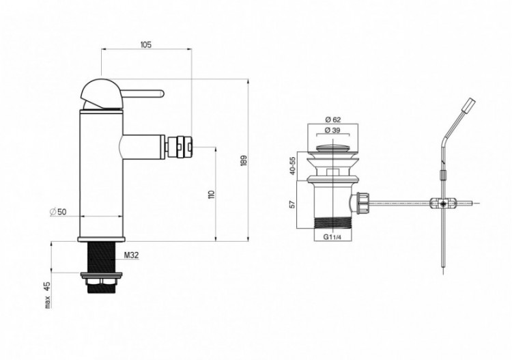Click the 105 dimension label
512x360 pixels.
(x=146, y=44)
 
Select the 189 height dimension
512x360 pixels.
(x=244, y=161)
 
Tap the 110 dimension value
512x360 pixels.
(x=211, y=195)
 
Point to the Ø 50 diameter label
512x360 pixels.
(x=58, y=212)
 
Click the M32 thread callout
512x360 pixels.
(x=131, y=255)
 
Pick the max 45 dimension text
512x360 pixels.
(x=48, y=295)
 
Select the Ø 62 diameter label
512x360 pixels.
(x=332, y=120)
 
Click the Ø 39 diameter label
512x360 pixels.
(x=332, y=130)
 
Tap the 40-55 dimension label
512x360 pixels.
(x=292, y=166)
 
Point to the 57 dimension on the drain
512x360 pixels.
(x=292, y=204)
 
